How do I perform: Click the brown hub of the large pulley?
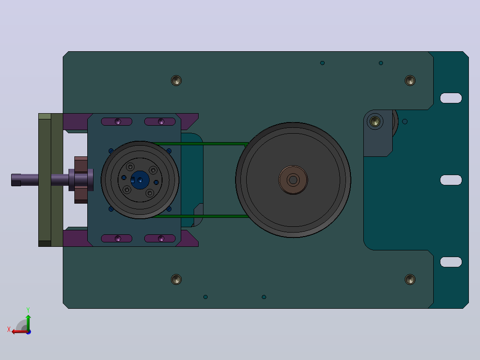click(x=293, y=180)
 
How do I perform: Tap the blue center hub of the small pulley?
click(x=140, y=180)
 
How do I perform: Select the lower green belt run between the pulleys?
click(x=200, y=216)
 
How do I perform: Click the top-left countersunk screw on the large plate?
click(x=176, y=81)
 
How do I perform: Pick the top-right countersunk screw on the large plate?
click(x=410, y=81)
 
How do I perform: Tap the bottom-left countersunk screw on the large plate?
click(x=176, y=279)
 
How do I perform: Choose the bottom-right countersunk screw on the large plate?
click(x=410, y=279)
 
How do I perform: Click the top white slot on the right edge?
click(x=451, y=98)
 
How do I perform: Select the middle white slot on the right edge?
click(x=451, y=180)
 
